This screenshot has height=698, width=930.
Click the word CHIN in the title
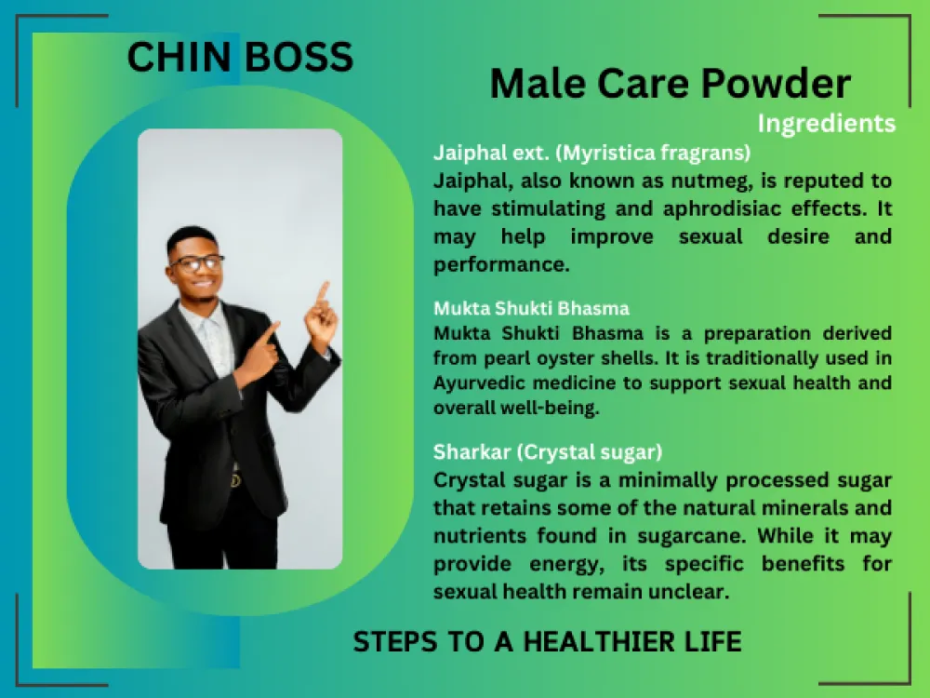tap(179, 57)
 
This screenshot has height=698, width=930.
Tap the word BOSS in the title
tap(299, 57)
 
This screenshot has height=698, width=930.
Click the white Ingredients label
tap(826, 124)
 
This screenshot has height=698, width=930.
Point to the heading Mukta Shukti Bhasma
tap(531, 309)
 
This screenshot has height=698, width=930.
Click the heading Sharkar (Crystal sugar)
tap(548, 452)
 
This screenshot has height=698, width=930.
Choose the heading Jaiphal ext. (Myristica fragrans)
tap(591, 154)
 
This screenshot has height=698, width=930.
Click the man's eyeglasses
tap(196, 262)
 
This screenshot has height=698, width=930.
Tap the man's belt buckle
tap(235, 480)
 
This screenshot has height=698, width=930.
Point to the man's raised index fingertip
tap(325, 285)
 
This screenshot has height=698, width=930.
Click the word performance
tap(501, 264)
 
